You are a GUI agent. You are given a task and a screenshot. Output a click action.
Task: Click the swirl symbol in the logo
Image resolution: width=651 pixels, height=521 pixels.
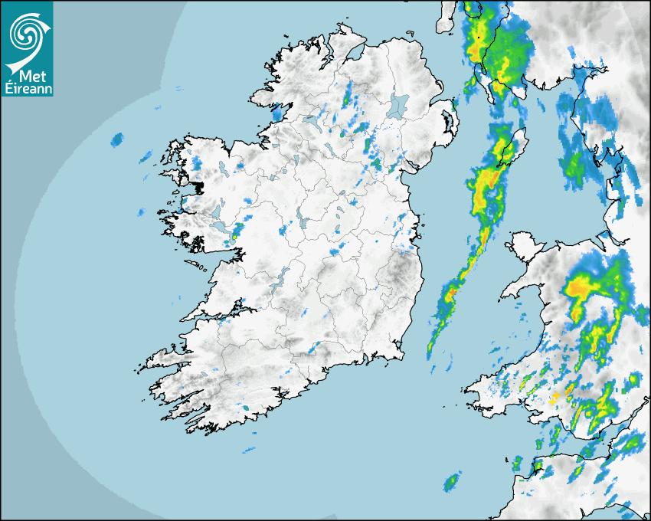coord(26,32)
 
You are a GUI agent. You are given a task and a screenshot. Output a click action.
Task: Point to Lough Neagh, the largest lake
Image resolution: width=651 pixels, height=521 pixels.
coord(398,106)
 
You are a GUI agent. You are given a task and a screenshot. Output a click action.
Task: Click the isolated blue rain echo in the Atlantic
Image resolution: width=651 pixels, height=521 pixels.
coord(117,139)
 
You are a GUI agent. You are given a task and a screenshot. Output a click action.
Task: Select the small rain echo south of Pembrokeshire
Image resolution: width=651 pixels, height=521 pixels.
coord(452,482)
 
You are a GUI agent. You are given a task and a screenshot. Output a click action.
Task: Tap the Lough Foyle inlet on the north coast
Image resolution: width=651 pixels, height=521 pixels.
coord(354,54)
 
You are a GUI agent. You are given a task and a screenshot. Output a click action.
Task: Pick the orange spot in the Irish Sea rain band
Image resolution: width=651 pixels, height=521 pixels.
coord(451,293)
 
